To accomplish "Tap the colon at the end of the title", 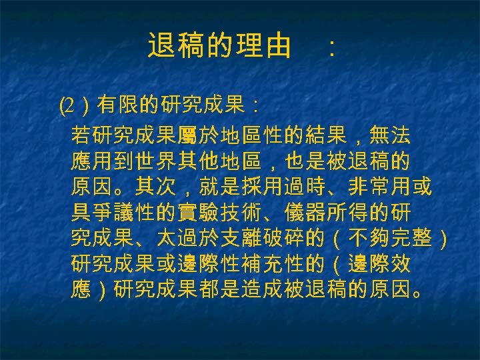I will pos(331,48).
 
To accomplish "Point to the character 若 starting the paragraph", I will pos(81,136).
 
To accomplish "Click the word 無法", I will pos(389,136).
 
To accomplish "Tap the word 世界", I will pos(166,162).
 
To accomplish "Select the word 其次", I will pos(166,187).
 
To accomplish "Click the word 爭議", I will pos(123,213).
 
